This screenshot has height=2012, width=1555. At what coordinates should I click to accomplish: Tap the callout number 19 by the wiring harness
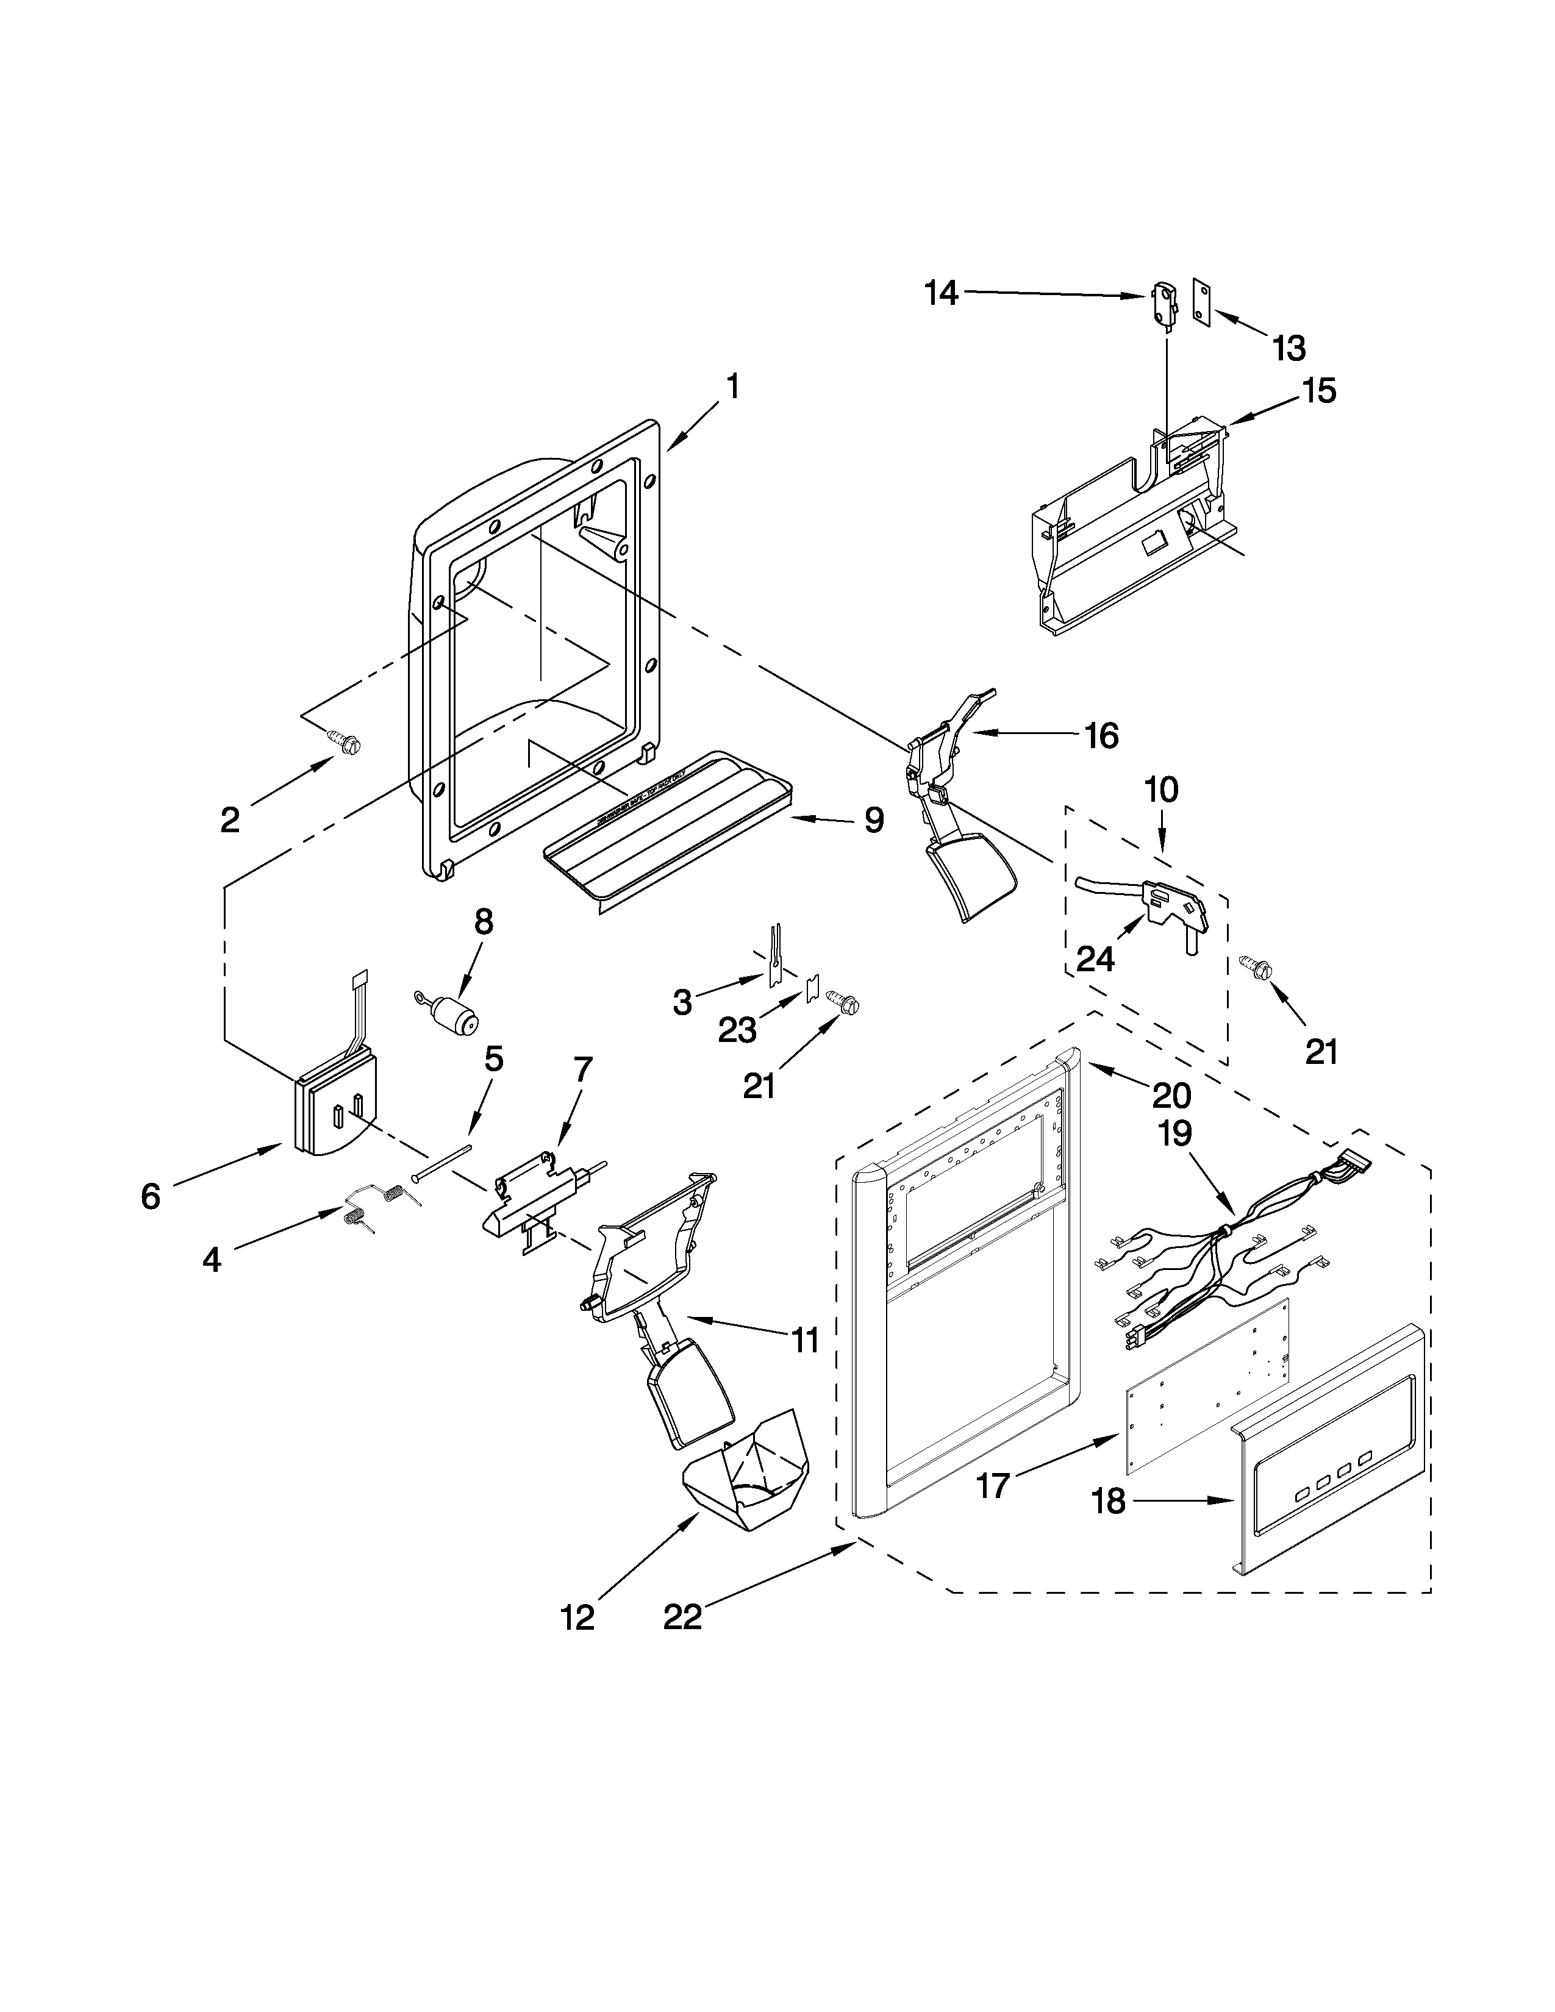[x=1174, y=1133]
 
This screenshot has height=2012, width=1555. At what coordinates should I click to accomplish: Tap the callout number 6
[x=150, y=1196]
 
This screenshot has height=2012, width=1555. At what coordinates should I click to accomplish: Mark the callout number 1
[x=732, y=387]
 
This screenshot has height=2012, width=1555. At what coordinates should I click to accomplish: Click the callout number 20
[x=1172, y=1094]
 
